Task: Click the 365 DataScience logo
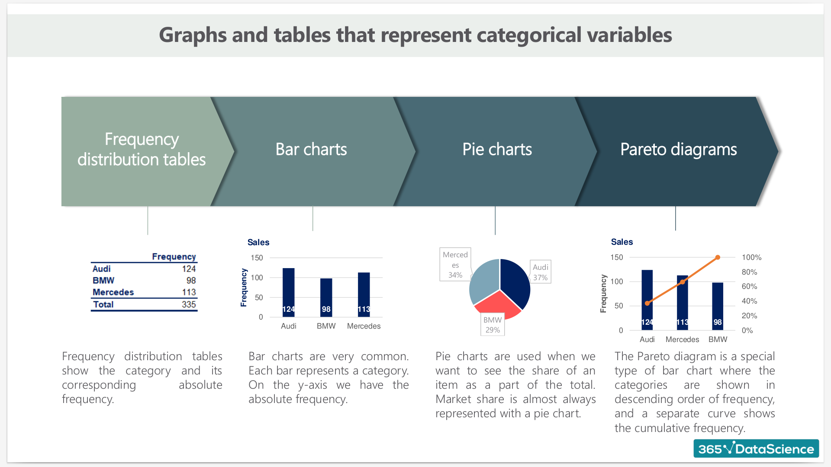coord(756,448)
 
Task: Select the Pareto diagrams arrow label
coord(678,149)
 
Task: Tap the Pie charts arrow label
coord(497,149)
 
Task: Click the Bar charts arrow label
coord(311,149)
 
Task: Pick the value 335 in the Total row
coord(189,304)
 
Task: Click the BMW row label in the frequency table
coord(103,280)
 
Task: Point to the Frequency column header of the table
coord(174,256)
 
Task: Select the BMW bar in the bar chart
coord(326,297)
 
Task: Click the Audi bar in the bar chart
coord(288,292)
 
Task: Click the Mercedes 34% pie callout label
coord(455,265)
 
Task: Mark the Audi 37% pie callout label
coord(540,272)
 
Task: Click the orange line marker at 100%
coord(718,257)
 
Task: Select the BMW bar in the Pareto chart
coord(718,306)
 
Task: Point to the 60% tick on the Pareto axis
coord(749,286)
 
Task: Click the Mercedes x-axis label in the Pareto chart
coord(682,339)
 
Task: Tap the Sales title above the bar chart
coord(258,242)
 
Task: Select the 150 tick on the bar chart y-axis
coord(257,258)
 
